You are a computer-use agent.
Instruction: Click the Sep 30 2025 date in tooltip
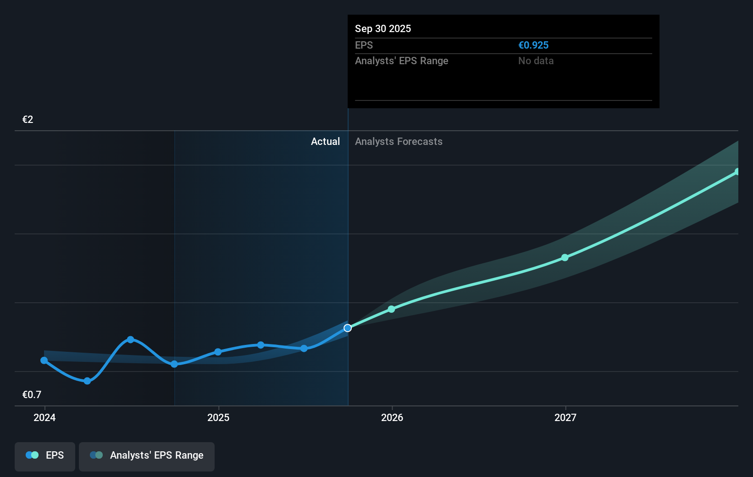click(383, 28)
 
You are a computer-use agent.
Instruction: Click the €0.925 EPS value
click(533, 45)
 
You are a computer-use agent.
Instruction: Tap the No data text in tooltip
click(536, 61)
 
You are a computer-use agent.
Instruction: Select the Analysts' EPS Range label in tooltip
click(401, 61)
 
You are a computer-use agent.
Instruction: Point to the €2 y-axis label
click(28, 119)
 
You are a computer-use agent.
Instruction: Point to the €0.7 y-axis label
click(32, 394)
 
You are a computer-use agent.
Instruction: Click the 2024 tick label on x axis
click(44, 417)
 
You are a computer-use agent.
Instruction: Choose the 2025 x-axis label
click(218, 417)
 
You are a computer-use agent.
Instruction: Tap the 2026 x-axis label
click(392, 417)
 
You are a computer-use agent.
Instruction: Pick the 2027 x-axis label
click(565, 417)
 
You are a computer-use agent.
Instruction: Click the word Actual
click(325, 141)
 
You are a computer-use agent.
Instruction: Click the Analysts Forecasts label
click(399, 141)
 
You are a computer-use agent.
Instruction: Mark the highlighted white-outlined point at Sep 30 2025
click(348, 328)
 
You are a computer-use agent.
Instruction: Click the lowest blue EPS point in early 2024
click(87, 381)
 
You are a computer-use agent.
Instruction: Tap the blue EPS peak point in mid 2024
click(131, 339)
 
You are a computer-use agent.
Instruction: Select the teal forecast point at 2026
click(391, 309)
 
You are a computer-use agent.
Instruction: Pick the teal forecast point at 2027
click(565, 258)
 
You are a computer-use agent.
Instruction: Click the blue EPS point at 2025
click(218, 352)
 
